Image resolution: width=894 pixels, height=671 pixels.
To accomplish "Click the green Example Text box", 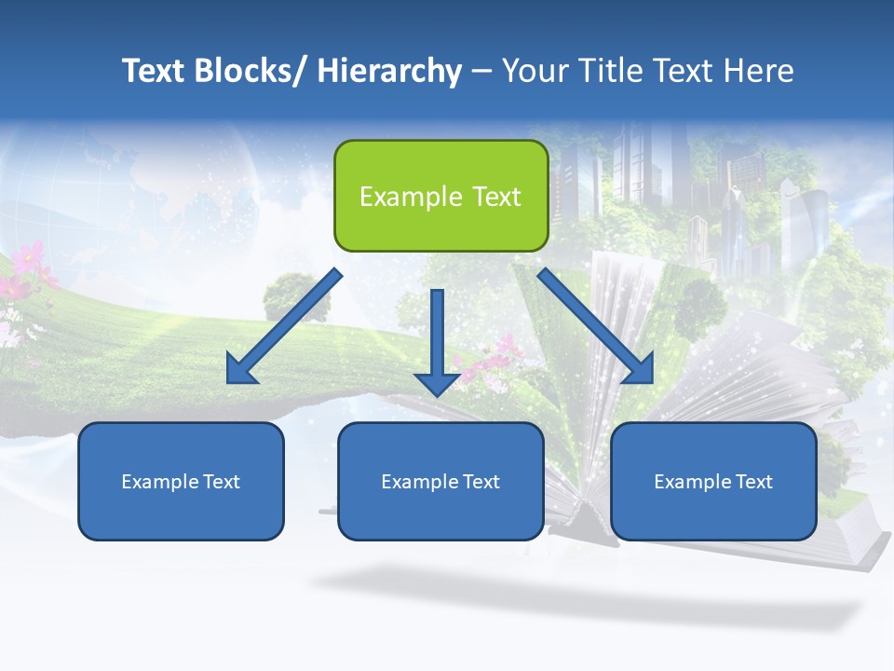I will pos(440,196).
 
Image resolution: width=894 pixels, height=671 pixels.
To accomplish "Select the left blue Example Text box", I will pos(181,481).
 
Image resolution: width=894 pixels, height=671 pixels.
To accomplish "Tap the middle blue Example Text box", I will pos(440,481).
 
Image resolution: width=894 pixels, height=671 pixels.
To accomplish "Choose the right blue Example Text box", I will pos(713,481).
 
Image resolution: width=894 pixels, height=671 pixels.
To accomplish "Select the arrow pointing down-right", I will pos(596,326).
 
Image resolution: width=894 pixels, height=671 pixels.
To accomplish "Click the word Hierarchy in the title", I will pos(389,71).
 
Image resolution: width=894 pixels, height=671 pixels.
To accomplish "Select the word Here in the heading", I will pos(760,71).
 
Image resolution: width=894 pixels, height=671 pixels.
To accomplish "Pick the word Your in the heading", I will pos(533,71).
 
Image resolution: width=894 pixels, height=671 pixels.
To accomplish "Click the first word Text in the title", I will pos(155,71).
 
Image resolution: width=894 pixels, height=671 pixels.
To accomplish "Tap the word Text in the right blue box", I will pos(752,481).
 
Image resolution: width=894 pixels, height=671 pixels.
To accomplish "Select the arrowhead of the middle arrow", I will pos(437,381).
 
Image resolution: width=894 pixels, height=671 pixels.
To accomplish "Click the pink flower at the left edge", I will pos(28,256).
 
